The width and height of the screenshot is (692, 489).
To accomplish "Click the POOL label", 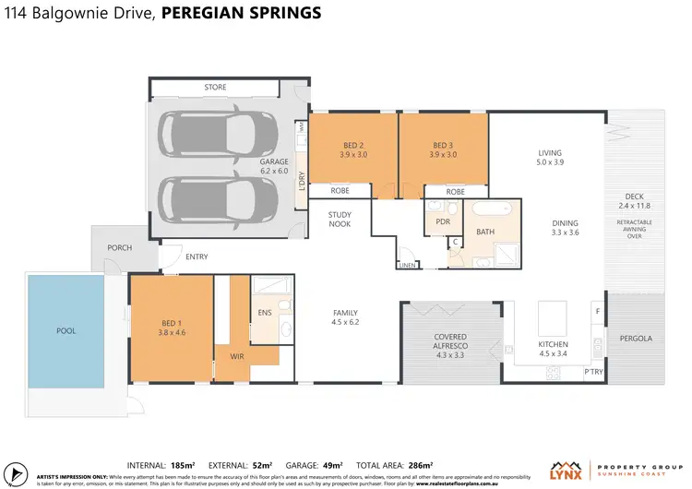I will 66,330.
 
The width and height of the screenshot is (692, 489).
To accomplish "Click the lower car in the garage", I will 219,197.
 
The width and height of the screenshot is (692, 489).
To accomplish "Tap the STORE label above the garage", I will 215,88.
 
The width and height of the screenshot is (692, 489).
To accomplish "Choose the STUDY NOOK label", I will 340,219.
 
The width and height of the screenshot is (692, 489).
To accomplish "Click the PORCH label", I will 120,247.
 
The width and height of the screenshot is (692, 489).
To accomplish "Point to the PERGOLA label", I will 635,339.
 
